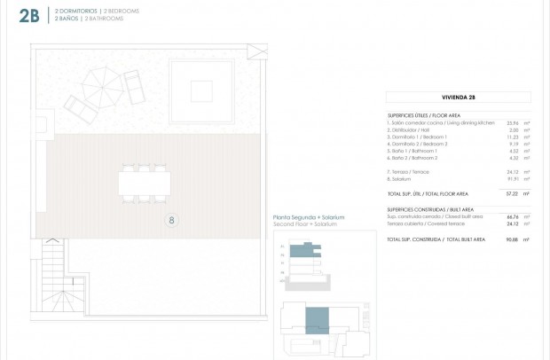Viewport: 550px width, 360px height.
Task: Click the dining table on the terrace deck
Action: (x=145, y=184)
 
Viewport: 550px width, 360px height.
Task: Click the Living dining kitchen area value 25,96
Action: (x=512, y=122)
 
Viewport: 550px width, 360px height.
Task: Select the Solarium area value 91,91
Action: (x=512, y=178)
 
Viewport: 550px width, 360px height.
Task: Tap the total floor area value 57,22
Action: (x=512, y=193)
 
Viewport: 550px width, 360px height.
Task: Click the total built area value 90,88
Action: (x=512, y=239)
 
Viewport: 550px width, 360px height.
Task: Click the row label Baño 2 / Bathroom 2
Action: (x=418, y=158)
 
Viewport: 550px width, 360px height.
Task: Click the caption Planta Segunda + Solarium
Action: (x=308, y=217)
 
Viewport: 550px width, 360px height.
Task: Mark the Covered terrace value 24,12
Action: (x=512, y=223)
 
